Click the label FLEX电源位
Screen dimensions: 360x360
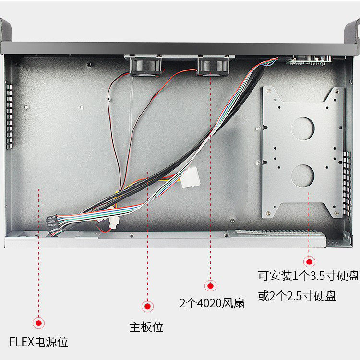click(39, 342)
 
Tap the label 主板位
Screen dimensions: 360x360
click(146, 327)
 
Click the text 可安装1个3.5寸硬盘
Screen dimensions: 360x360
click(309, 277)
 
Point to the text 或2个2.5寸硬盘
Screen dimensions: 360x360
click(297, 296)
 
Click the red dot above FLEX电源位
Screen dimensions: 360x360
click(38, 323)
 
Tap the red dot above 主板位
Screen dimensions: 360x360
click(147, 306)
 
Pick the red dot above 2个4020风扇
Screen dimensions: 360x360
click(210, 286)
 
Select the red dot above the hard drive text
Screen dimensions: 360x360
click(309, 262)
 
